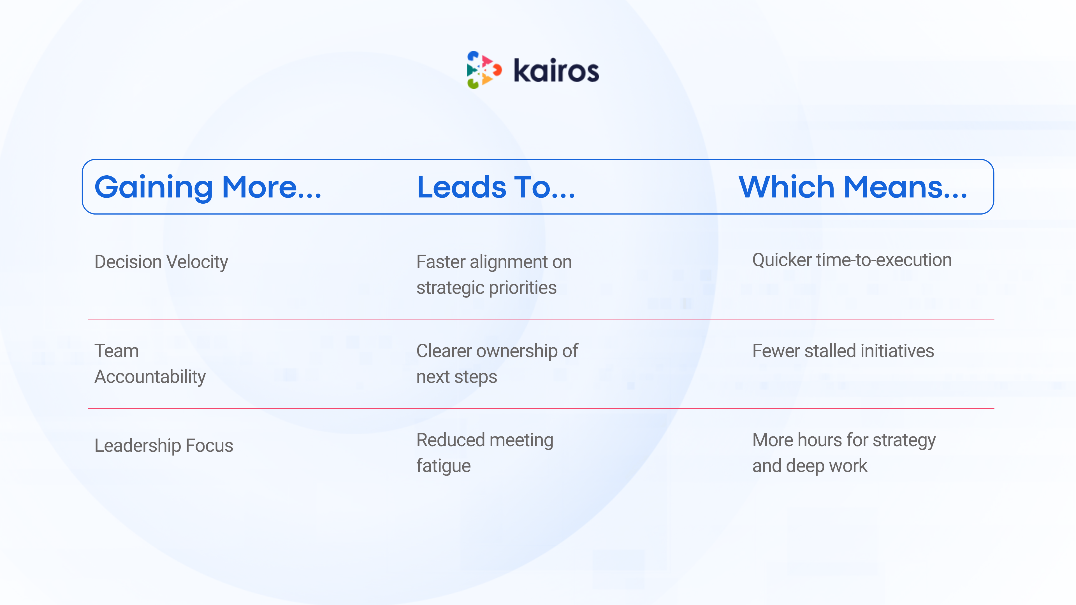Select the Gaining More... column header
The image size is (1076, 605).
[208, 187]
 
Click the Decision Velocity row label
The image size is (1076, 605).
[161, 262]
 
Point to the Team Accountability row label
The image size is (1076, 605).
[150, 364]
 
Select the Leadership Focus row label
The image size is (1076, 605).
[164, 446]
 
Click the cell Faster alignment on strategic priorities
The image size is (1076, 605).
[494, 275]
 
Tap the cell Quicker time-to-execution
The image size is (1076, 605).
[852, 260]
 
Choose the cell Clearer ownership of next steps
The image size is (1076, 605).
[497, 364]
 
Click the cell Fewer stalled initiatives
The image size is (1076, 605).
[843, 351]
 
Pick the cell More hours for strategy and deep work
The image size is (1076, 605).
[844, 453]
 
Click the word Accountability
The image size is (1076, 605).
[150, 377]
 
